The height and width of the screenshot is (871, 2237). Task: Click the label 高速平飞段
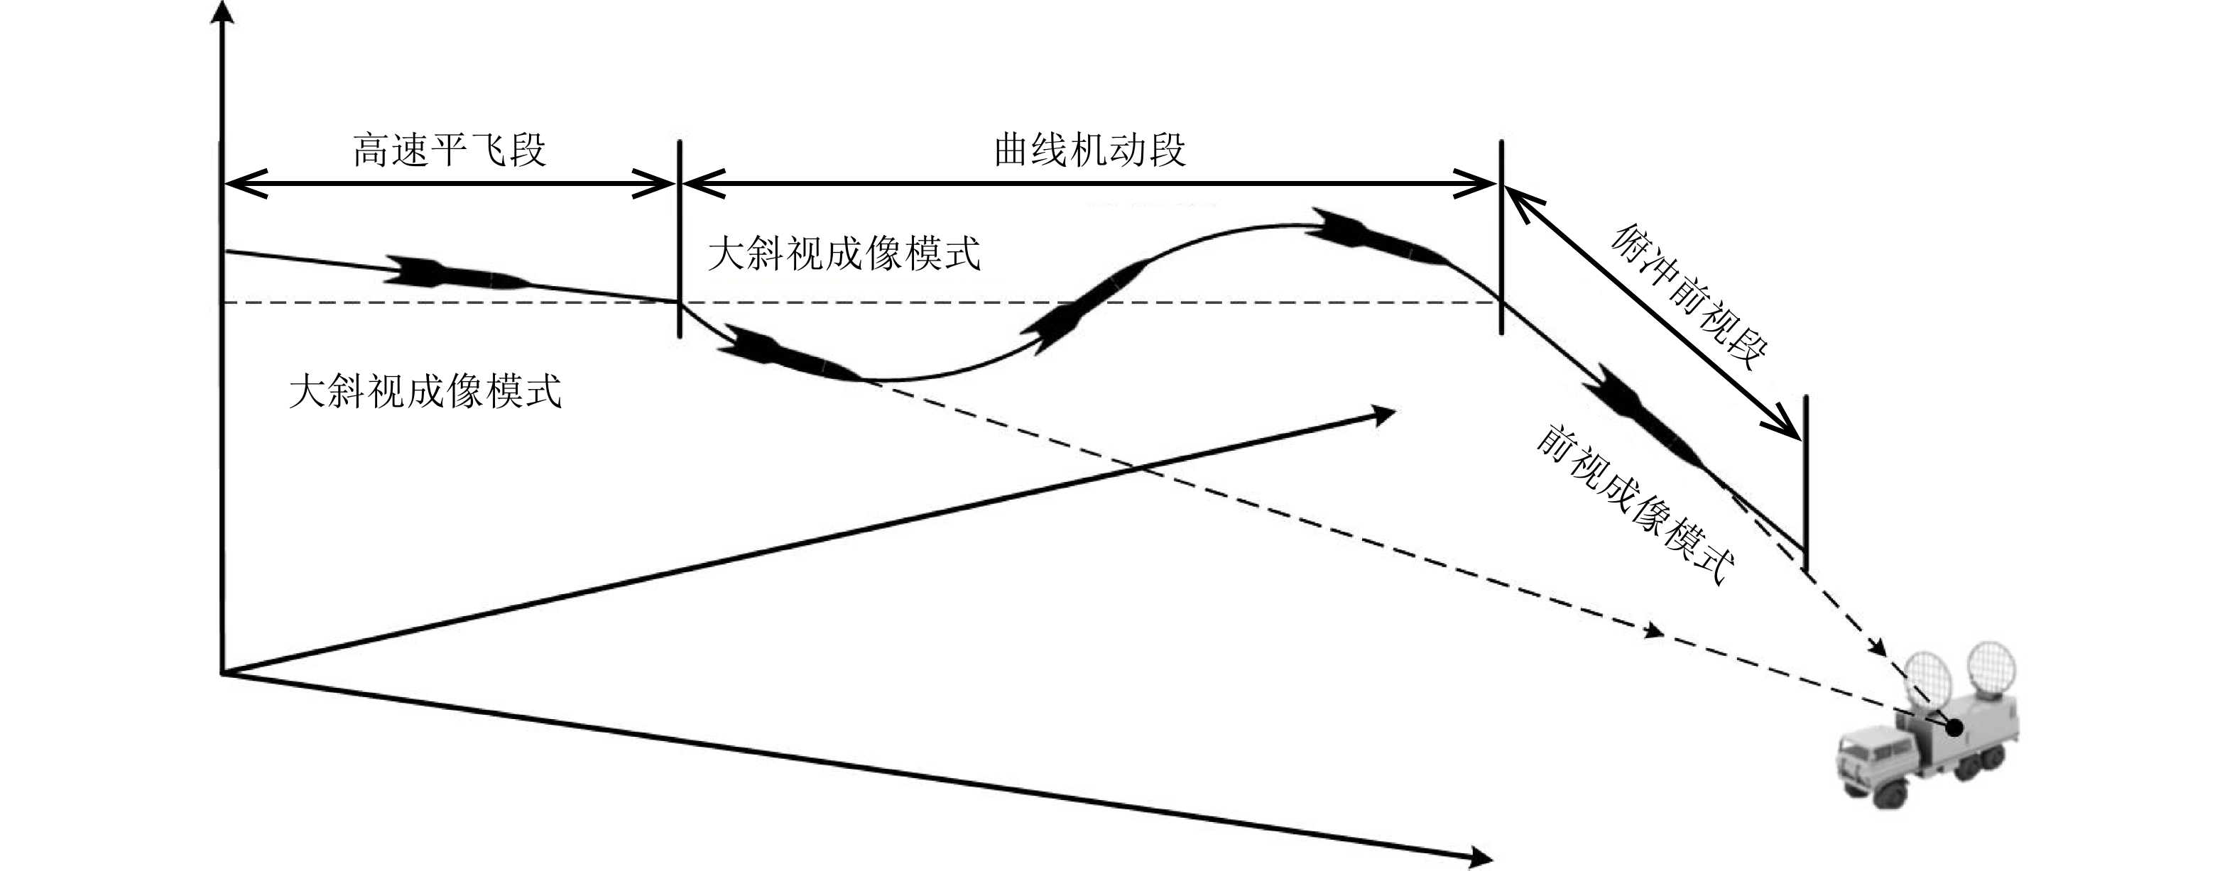point(449,150)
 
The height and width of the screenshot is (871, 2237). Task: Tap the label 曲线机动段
point(1090,150)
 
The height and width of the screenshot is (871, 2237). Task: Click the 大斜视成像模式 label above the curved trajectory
point(844,254)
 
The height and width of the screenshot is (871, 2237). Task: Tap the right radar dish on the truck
point(1992,668)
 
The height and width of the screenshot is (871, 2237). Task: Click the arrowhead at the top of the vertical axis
point(223,12)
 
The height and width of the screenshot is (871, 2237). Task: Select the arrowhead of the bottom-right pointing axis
point(1477,855)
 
